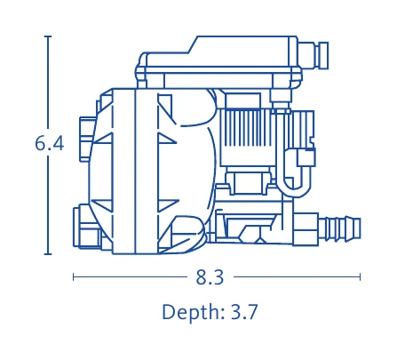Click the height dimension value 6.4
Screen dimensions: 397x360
(50, 144)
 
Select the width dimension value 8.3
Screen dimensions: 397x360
(210, 277)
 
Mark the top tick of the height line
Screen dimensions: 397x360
(48, 36)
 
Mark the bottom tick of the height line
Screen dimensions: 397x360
(48, 254)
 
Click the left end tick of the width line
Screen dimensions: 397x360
(74, 277)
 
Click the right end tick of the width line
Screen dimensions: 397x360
(360, 277)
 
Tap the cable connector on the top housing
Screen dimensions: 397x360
(314, 55)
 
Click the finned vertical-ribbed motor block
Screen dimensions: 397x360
(247, 128)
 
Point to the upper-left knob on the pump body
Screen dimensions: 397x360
(87, 140)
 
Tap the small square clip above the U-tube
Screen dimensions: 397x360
(306, 157)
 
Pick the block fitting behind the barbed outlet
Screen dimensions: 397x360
(306, 228)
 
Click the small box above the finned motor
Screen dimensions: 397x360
(242, 100)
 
